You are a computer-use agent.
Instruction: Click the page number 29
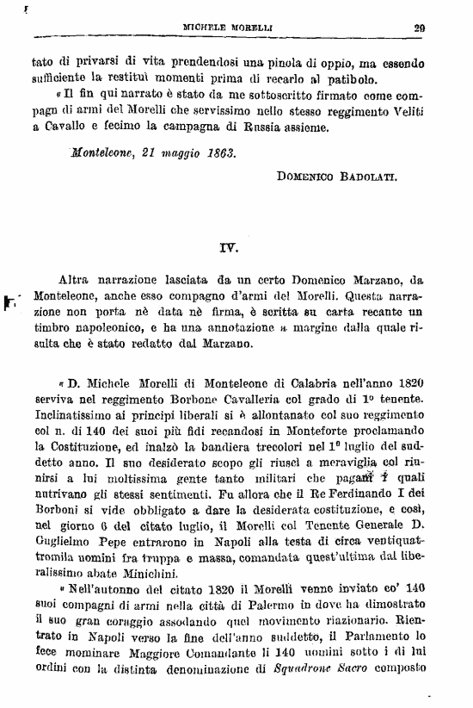pyautogui.click(x=420, y=27)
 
